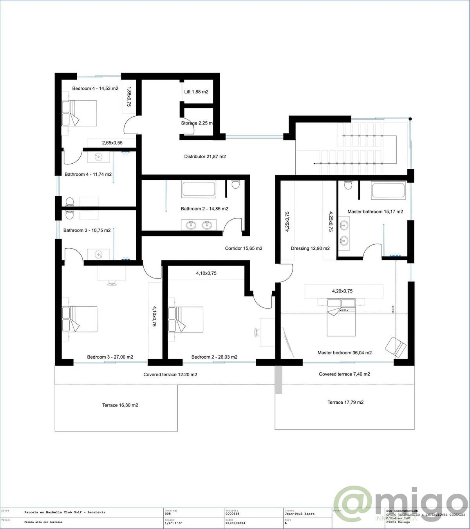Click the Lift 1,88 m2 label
coord(196,92)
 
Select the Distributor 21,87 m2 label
coord(205,157)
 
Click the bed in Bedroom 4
coord(79,113)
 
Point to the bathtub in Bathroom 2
coord(199,189)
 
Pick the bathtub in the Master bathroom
coord(389,191)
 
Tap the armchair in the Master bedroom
coord(396,346)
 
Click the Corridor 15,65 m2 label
coord(244,248)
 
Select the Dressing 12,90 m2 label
coord(310,248)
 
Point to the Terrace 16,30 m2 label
coord(120,405)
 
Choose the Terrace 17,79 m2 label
coord(345,402)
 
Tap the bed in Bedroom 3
coord(80,319)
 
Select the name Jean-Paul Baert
coord(300,514)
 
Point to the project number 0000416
coord(232,514)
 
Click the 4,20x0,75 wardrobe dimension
coord(342,291)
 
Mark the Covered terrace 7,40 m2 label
coord(344,374)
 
